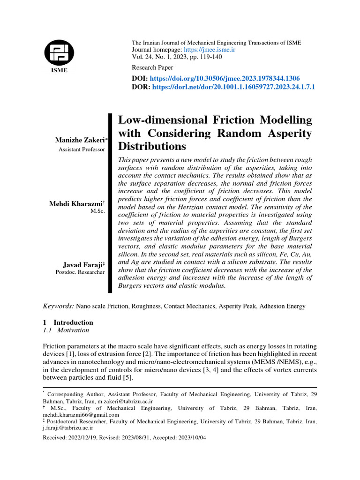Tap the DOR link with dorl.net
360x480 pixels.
(233, 87)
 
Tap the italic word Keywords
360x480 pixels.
(58, 306)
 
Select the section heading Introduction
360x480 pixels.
(73, 322)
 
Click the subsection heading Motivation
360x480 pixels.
(73, 330)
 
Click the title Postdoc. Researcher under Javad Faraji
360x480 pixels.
(80, 272)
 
